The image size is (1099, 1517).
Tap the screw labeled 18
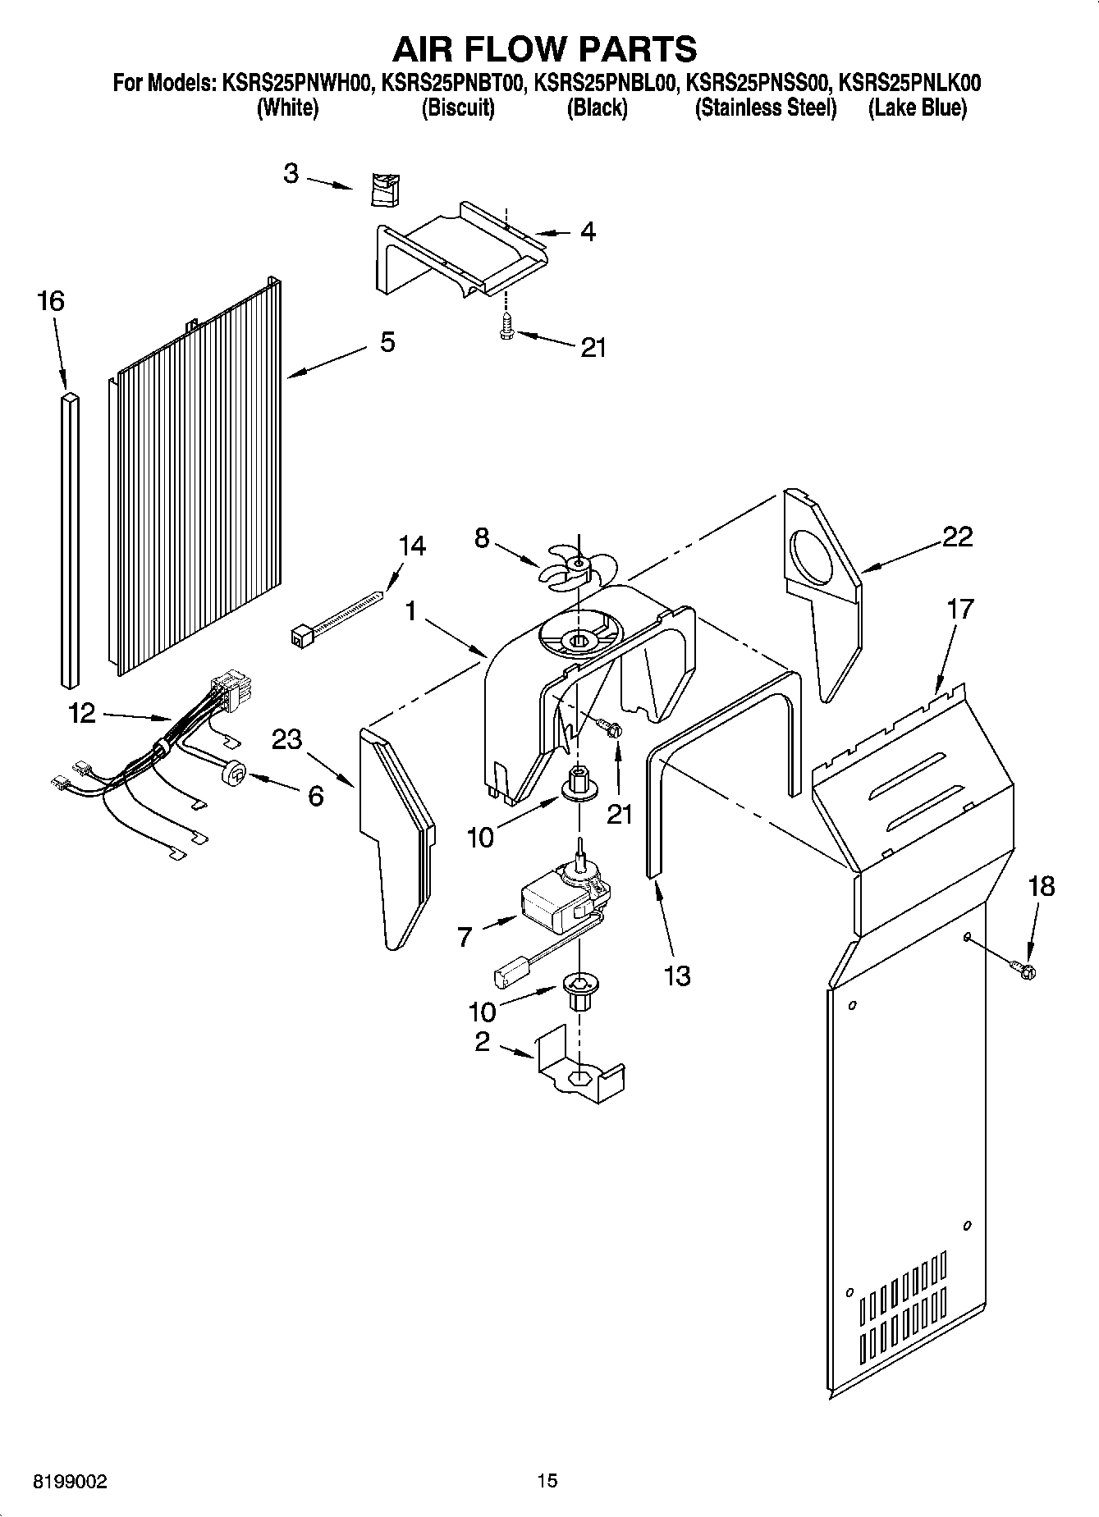1026,971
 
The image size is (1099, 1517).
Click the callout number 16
51,301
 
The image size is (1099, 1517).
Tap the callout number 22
957,537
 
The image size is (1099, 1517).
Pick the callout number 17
959,609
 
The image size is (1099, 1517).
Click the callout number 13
677,976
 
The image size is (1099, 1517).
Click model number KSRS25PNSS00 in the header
758,83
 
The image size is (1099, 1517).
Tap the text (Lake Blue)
917,107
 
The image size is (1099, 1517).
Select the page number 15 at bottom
547,1481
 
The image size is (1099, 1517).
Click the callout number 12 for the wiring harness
82,714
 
